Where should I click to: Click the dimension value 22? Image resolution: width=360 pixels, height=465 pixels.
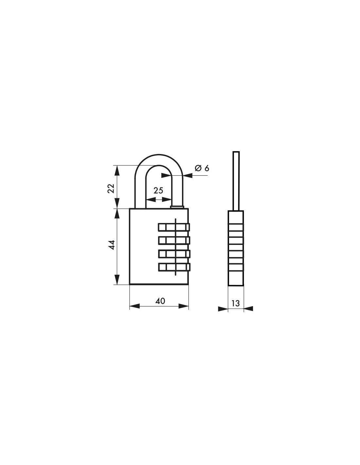tap(111, 188)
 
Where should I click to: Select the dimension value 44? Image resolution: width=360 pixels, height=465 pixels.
tap(111, 245)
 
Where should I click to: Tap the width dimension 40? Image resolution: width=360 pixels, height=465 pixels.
tap(160, 301)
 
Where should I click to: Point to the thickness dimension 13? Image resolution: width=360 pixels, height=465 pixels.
tap(236, 303)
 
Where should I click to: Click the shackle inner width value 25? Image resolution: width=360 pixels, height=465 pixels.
tap(158, 191)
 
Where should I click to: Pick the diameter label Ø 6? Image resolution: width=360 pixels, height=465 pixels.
tap(202, 168)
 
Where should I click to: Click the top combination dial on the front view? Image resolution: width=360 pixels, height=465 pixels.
tap(174, 227)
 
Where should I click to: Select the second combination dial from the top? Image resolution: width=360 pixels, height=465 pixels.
tap(174, 240)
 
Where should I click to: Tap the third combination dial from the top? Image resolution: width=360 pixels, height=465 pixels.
tap(174, 254)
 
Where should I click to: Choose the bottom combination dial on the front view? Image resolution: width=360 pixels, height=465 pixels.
tap(174, 267)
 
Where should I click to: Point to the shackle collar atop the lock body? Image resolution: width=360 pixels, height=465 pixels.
tap(177, 207)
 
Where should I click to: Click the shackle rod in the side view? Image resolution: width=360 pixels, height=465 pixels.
tap(236, 180)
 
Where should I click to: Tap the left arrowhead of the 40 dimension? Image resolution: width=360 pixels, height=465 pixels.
tap(135, 306)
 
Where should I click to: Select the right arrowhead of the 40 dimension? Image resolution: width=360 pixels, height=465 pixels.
tap(184, 306)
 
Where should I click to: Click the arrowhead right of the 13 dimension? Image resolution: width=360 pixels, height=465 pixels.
tap(248, 308)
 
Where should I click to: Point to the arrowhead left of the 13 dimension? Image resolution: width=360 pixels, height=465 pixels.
tap(223, 308)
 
